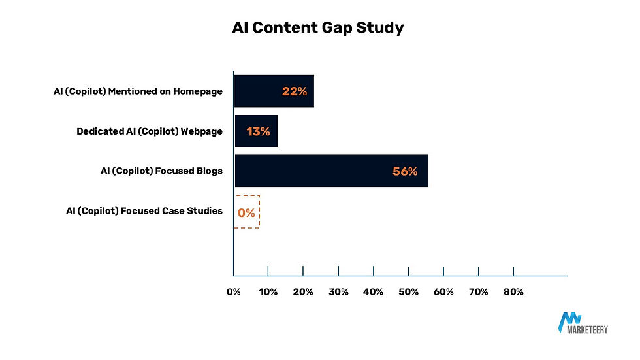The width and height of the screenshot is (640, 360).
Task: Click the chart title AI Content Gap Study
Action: point(318,28)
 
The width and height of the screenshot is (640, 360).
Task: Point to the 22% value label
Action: point(295,91)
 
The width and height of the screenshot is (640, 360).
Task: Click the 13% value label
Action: point(258,131)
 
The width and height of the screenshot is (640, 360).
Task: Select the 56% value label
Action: point(405,171)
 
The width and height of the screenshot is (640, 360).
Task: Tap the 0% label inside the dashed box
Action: point(246,212)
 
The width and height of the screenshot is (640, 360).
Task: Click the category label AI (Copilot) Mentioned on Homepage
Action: point(138,91)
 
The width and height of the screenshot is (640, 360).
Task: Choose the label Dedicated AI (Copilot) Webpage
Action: point(149,131)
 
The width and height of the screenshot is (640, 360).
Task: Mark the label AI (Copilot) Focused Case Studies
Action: point(144,211)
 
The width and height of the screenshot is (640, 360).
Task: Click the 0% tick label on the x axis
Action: point(233,292)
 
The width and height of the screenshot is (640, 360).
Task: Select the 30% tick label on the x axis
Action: point(338,292)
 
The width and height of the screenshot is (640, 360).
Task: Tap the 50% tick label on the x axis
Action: point(408,292)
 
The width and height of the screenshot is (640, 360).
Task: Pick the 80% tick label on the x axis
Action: point(513,292)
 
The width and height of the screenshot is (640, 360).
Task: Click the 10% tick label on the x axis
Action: point(268,292)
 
